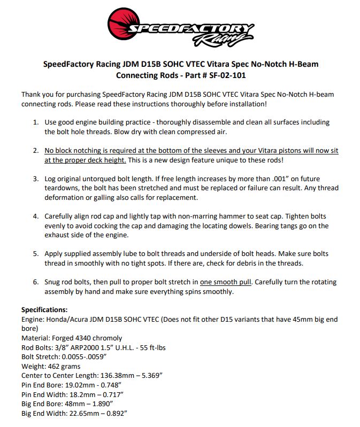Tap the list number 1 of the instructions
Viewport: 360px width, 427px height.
click(36, 122)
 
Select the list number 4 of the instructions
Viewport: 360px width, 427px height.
click(36, 216)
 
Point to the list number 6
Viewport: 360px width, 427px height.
click(36, 282)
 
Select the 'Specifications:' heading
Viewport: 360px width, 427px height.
click(44, 309)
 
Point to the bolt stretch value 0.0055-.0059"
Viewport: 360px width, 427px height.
click(85, 356)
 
